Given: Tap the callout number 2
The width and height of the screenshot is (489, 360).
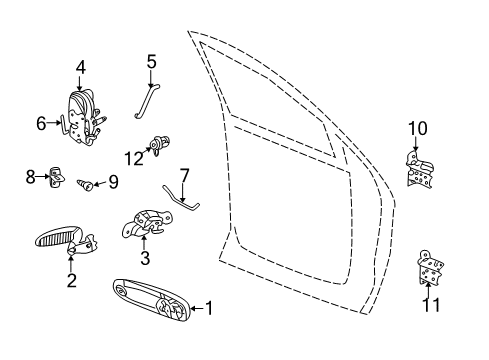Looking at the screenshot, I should [71, 281].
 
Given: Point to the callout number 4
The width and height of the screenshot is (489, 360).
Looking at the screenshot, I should [81, 69].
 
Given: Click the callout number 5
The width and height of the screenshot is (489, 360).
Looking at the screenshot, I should [151, 61].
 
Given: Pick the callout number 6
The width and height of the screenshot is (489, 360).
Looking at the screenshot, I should [42, 124].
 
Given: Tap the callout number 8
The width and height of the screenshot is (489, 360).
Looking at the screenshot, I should [31, 176].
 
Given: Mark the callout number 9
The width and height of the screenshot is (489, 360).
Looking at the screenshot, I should [113, 182].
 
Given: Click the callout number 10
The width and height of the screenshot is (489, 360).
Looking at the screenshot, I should [417, 127].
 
